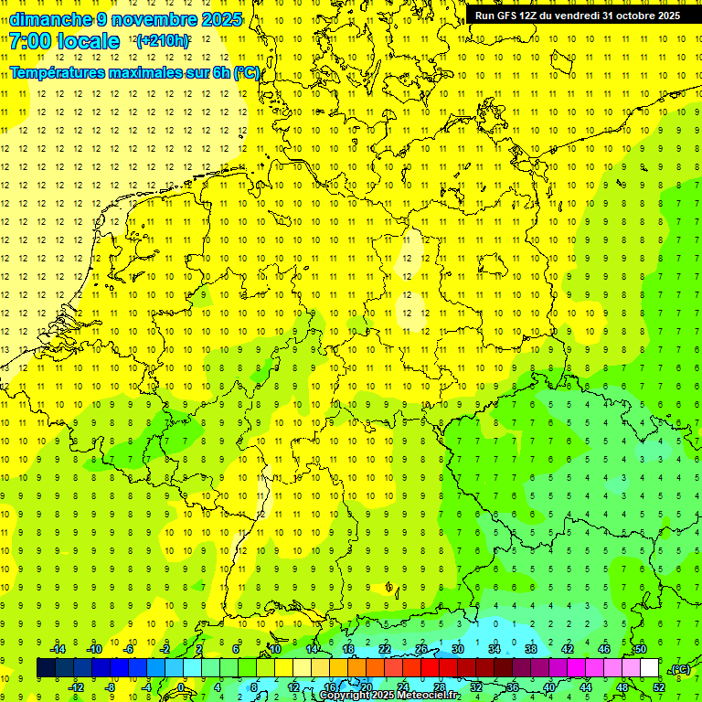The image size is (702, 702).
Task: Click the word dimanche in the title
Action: pos(51,19)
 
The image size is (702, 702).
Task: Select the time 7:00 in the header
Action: pos(32,41)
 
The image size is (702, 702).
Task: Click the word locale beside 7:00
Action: pos(88,41)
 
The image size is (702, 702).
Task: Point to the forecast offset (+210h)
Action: pos(163,41)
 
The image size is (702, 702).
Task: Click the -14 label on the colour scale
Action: pos(58,649)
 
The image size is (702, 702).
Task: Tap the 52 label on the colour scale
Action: pos(658,687)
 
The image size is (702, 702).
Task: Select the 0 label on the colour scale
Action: pos(181,687)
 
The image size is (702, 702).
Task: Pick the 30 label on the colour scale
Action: pos(457,649)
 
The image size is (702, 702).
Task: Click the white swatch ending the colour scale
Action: pos(650,668)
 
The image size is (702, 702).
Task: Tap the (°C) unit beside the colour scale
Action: pos(679,669)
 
